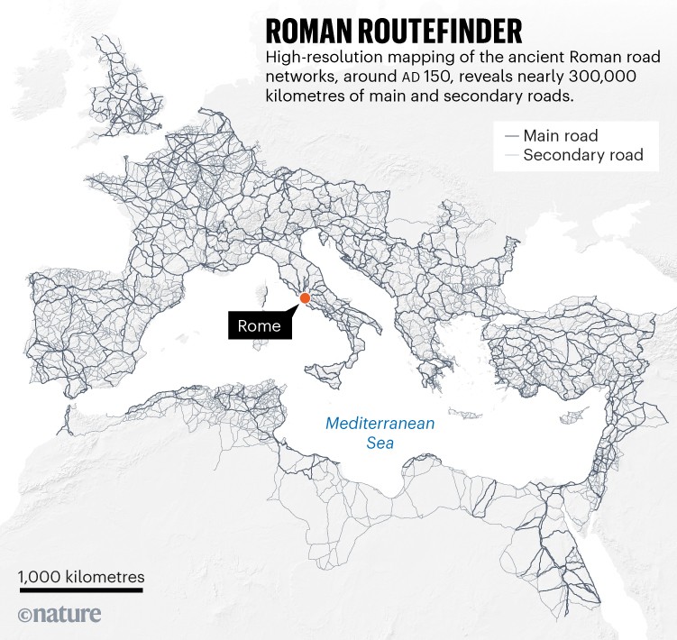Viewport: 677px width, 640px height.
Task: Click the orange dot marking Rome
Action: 305,298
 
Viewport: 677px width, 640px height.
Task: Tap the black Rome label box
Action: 260,326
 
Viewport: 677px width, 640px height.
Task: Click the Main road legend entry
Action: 561,136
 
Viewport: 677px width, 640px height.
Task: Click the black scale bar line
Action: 80,591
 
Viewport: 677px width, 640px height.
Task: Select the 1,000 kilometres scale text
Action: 80,576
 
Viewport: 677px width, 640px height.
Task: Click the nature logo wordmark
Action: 69,614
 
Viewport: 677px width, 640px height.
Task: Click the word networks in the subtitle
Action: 298,78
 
